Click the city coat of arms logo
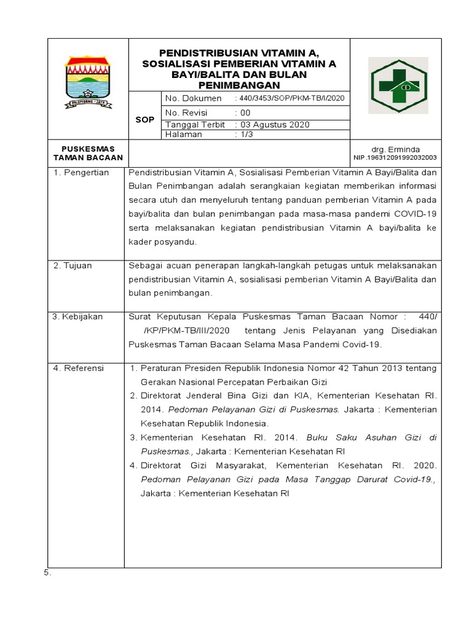click(88, 83)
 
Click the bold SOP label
click(145, 120)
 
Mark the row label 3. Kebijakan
click(77, 317)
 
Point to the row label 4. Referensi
click(78, 368)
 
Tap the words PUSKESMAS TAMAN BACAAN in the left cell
click(87, 154)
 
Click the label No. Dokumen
click(193, 98)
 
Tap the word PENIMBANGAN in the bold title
click(238, 84)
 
